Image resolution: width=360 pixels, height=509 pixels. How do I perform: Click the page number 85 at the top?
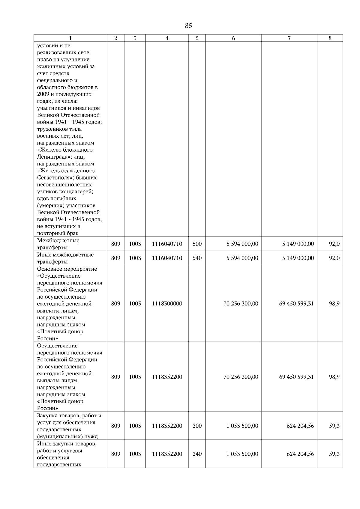coord(188,26)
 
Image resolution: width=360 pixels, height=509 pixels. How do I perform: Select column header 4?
coord(167,38)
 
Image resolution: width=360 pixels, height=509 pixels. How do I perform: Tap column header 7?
coord(289,38)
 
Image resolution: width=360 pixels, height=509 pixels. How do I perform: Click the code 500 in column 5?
coord(197,244)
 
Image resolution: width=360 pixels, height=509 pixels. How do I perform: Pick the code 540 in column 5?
coord(197,258)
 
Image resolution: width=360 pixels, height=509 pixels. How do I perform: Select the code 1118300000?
coord(167,304)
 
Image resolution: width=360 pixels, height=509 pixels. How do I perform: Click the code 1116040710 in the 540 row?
coord(167,258)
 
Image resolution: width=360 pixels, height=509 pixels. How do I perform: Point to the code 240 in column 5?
coord(197,454)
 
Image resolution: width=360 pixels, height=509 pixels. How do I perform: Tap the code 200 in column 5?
coord(197,426)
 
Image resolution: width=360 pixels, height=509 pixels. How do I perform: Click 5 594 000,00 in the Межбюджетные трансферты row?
coord(242,244)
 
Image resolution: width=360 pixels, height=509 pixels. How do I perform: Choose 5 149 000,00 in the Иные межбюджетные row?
coord(298,258)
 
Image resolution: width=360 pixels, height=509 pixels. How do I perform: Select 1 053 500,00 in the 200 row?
coord(242,426)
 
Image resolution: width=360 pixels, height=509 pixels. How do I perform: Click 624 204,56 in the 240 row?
coord(300,454)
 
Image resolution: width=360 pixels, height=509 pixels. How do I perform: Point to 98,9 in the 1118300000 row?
coord(334,304)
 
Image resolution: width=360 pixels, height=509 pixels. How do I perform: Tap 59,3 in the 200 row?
coord(334,426)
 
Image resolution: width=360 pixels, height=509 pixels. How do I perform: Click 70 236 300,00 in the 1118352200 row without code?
coord(241,377)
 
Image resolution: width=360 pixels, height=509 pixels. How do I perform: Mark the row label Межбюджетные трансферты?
coord(58,244)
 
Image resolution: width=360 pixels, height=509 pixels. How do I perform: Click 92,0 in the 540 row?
coord(334,258)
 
